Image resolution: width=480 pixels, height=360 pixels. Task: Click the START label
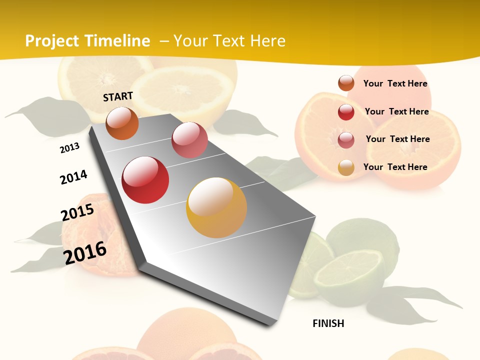pos(118,96)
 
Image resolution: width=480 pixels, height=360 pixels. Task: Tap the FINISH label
pos(328,323)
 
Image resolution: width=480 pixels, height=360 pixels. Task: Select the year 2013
pos(70,147)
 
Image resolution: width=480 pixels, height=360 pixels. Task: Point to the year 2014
pos(73,177)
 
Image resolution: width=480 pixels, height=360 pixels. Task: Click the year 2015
pos(77,212)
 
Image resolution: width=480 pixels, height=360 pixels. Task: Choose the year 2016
pos(85,252)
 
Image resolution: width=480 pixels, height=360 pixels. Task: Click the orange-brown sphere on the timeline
pos(122,123)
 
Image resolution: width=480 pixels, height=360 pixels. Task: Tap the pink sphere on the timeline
pos(189,140)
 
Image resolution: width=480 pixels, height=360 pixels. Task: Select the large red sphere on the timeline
pos(145,180)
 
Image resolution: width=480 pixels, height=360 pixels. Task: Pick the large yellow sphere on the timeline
pos(216,207)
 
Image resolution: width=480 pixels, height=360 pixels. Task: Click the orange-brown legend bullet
pos(346,83)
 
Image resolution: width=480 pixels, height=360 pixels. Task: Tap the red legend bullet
pos(346,112)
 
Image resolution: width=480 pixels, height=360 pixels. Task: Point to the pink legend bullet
pos(346,140)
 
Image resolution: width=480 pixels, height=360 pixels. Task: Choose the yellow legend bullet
pos(346,167)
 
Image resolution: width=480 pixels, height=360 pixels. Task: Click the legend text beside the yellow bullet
pos(395,167)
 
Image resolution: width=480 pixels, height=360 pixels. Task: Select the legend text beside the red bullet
pos(396,111)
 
